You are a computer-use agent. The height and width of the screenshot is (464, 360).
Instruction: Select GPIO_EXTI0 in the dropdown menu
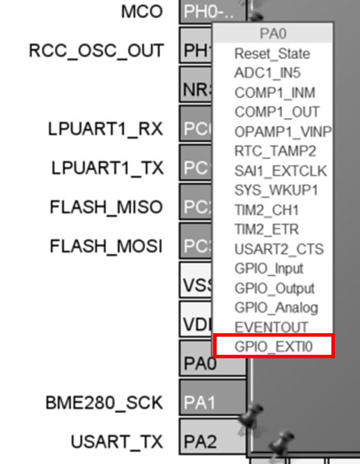tap(274, 346)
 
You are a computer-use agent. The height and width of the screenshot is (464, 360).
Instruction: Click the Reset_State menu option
tap(272, 54)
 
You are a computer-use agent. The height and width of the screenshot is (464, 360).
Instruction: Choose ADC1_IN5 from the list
tap(267, 73)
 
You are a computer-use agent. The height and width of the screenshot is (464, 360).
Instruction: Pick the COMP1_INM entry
tap(274, 93)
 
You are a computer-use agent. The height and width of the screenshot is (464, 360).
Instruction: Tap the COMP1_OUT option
tap(276, 112)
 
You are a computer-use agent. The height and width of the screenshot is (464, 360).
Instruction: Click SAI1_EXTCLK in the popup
tap(280, 170)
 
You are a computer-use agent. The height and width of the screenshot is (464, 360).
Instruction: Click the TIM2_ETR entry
tap(267, 229)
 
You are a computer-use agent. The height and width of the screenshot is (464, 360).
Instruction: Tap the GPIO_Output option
tap(274, 287)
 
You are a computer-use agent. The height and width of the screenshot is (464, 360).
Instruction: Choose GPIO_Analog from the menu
tap(276, 307)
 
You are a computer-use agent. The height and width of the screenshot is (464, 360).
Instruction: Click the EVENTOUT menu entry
tap(271, 326)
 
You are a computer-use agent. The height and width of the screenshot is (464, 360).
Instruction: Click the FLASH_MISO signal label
tap(106, 207)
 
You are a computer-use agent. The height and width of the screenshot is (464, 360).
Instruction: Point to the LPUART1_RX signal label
tap(106, 129)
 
